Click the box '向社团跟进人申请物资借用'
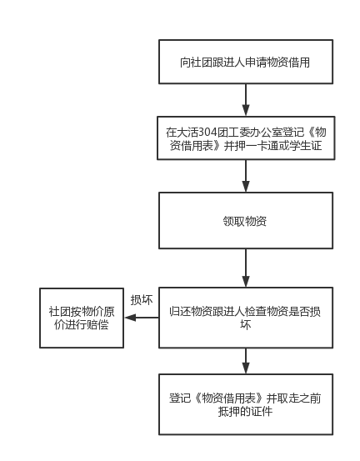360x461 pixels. click(x=246, y=62)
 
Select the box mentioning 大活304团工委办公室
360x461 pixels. click(x=246, y=138)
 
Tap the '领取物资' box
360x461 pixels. click(x=246, y=221)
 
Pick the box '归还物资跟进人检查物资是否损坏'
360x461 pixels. click(x=246, y=318)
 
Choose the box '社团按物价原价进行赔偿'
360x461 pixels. click(x=82, y=318)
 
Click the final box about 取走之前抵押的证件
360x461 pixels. click(x=246, y=404)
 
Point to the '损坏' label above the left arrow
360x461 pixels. click(x=142, y=300)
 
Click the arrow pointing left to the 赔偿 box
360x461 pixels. click(x=142, y=318)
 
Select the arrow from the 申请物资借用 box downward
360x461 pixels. click(x=246, y=100)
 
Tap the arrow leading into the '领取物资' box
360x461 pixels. click(x=246, y=176)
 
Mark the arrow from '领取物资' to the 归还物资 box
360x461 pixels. click(x=246, y=268)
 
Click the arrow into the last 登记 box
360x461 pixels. click(x=246, y=361)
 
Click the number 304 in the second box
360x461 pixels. click(x=207, y=133)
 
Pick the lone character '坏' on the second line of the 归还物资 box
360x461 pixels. click(x=245, y=325)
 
